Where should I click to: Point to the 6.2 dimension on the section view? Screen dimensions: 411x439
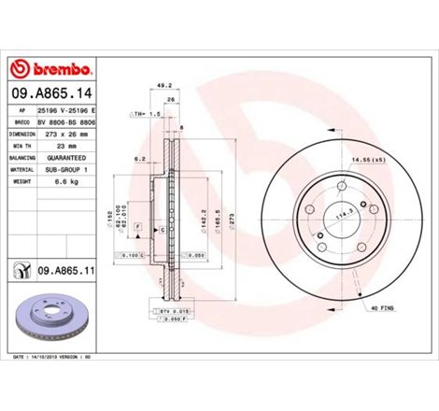[138, 159]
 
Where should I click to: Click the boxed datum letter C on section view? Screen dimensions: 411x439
[163, 229]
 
